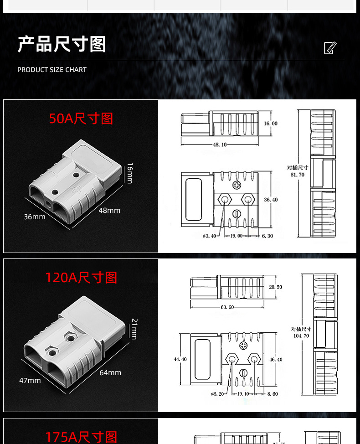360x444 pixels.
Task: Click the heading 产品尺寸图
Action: pos(62,45)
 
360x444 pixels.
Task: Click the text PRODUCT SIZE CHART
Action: pos(52,70)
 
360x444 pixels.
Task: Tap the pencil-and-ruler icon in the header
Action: pos(330,48)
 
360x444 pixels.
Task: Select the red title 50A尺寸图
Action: pos(81,119)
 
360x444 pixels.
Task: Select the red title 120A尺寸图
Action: pos(81,278)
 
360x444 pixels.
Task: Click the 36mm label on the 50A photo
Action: pos(35,217)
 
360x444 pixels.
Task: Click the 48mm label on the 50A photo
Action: pos(109,211)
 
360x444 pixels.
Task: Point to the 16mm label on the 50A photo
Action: pos(129,173)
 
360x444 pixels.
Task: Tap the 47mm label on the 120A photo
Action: pos(30,380)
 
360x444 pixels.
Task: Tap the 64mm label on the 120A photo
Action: pos(110,373)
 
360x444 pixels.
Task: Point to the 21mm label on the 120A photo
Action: pos(134,329)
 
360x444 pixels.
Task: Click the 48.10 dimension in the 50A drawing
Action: pos(220,145)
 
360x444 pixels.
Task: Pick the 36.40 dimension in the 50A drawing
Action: pos(270,200)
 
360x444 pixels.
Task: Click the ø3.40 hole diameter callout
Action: pos(210,236)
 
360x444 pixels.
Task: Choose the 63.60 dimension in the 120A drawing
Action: pos(227,307)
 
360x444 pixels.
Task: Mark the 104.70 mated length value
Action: pos(301,336)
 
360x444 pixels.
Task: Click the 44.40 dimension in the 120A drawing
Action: pos(180,359)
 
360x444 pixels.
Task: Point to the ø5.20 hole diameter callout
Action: pos(217,394)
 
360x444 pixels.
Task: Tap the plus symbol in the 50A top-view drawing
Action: pos(237,185)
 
